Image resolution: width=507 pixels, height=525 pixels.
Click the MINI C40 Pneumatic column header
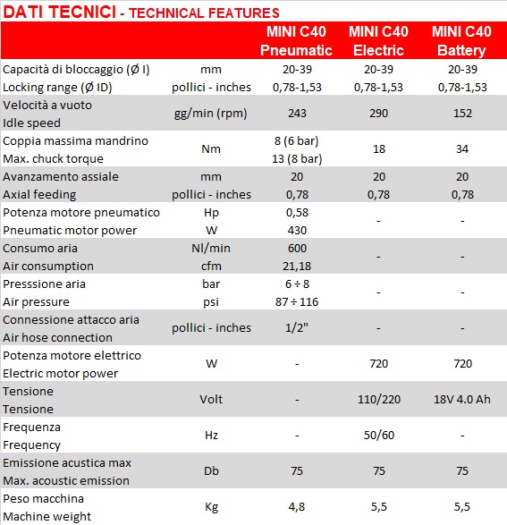coord(297,41)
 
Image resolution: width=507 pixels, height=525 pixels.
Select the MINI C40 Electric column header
coord(378,41)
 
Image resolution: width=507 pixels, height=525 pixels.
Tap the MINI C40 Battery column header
coord(461,41)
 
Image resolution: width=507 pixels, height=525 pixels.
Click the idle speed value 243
coord(297,114)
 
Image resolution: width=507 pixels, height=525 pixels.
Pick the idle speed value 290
coord(379,114)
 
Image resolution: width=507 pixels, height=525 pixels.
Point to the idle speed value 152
coord(462,114)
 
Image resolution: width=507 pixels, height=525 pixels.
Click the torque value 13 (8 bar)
coord(297,158)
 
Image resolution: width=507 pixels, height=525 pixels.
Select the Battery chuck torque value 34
coord(462,149)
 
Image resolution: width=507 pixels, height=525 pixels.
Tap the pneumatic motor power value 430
coord(297,231)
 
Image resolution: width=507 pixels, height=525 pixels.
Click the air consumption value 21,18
coord(297,267)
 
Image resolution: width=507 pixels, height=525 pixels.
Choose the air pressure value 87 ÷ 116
coord(297,302)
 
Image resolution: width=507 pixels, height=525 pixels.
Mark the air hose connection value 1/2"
coord(297,328)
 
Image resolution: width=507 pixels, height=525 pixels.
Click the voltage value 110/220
coord(379,400)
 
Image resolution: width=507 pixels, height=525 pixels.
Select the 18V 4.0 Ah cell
coord(462,400)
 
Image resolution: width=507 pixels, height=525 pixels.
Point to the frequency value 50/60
coord(379,436)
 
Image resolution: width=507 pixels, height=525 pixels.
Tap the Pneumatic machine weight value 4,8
coord(297,507)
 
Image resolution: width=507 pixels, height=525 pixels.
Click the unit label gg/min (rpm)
coord(210,114)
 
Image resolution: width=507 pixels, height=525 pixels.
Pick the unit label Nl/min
coord(211,249)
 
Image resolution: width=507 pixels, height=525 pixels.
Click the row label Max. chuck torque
coord(54,158)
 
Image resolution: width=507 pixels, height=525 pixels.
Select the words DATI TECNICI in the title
coord(59,12)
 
